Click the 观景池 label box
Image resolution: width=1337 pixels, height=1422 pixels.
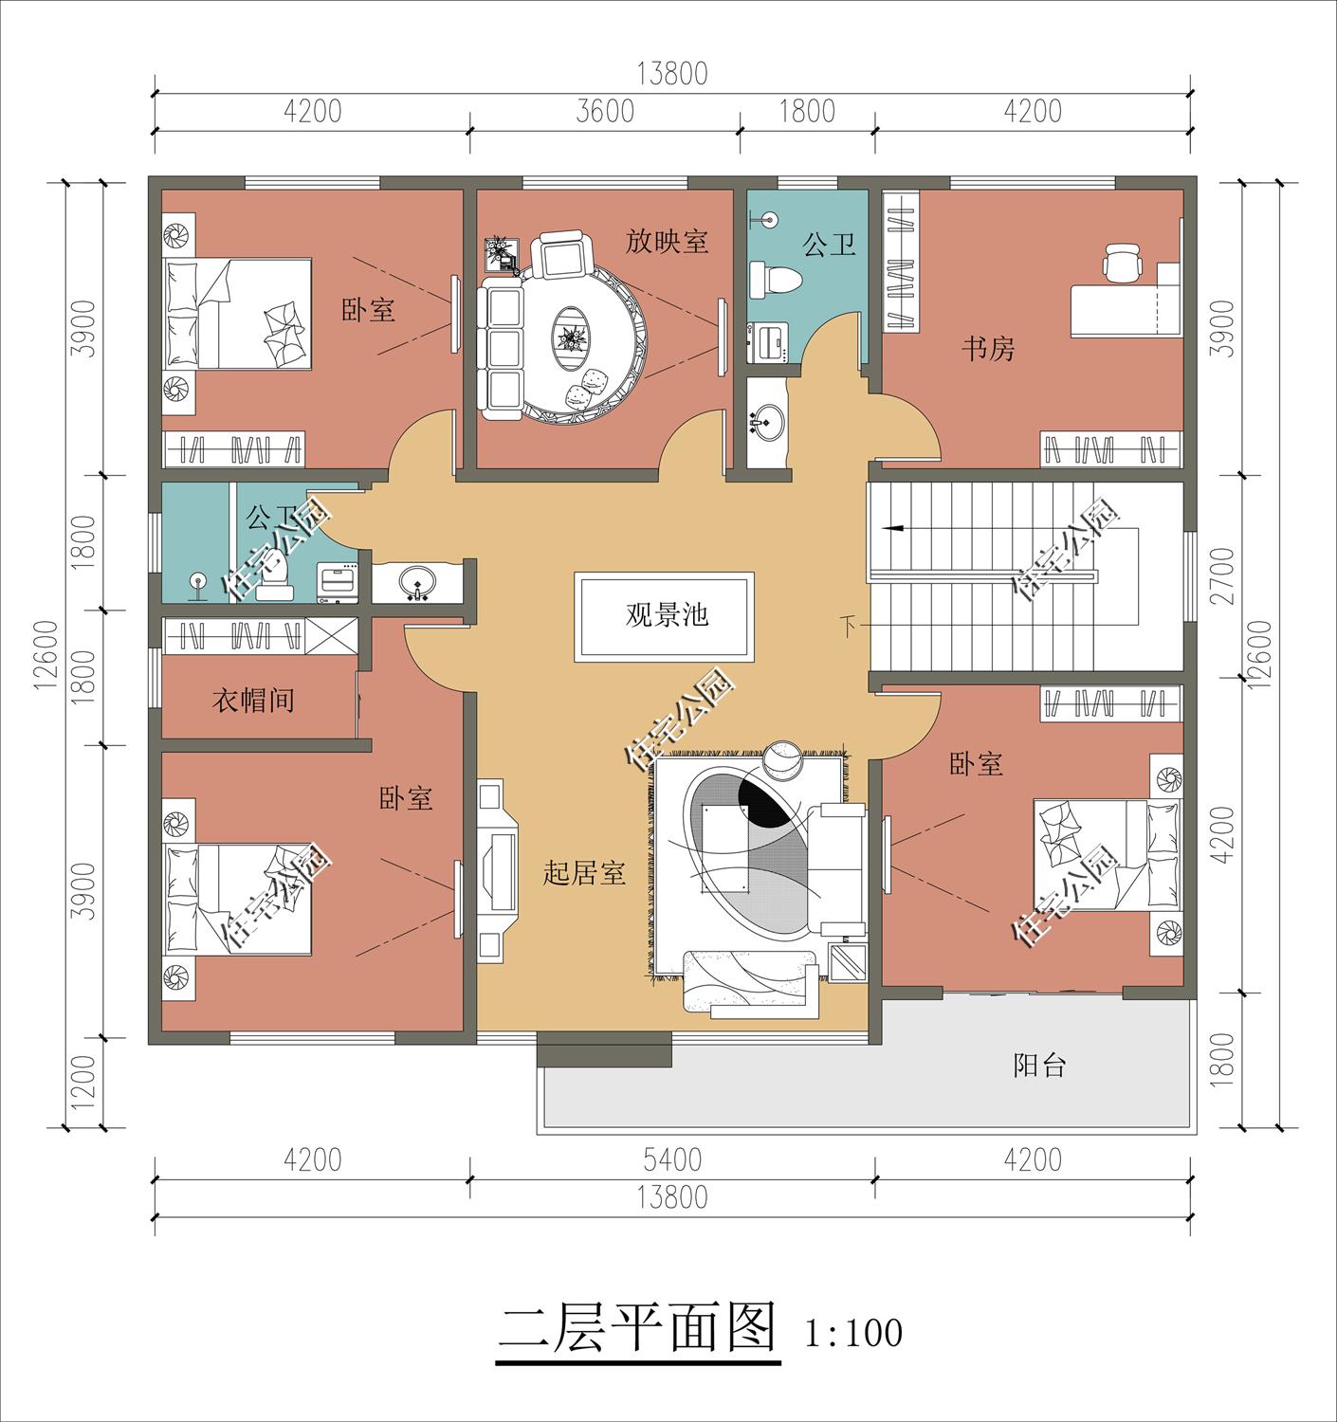pyautogui.click(x=665, y=616)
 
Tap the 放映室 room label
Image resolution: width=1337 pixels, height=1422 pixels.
pyautogui.click(x=667, y=242)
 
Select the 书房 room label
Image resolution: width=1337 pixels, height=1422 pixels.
pyautogui.click(x=988, y=349)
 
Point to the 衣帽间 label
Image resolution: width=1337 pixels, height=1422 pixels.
pyautogui.click(x=252, y=702)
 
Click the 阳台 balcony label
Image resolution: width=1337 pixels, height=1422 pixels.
pyautogui.click(x=1040, y=1066)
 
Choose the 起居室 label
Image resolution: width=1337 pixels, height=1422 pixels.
pyautogui.click(x=584, y=873)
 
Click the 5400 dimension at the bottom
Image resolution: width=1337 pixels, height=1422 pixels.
pyautogui.click(x=671, y=1159)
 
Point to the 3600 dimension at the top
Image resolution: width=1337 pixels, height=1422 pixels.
pyautogui.click(x=605, y=112)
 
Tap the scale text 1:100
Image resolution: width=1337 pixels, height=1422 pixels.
pyautogui.click(x=852, y=1333)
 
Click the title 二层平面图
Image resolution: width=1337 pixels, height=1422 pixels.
pyautogui.click(x=638, y=1328)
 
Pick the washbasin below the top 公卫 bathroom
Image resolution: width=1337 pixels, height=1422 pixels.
pyautogui.click(x=766, y=420)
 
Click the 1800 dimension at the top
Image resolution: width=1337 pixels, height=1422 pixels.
pyautogui.click(x=807, y=112)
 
